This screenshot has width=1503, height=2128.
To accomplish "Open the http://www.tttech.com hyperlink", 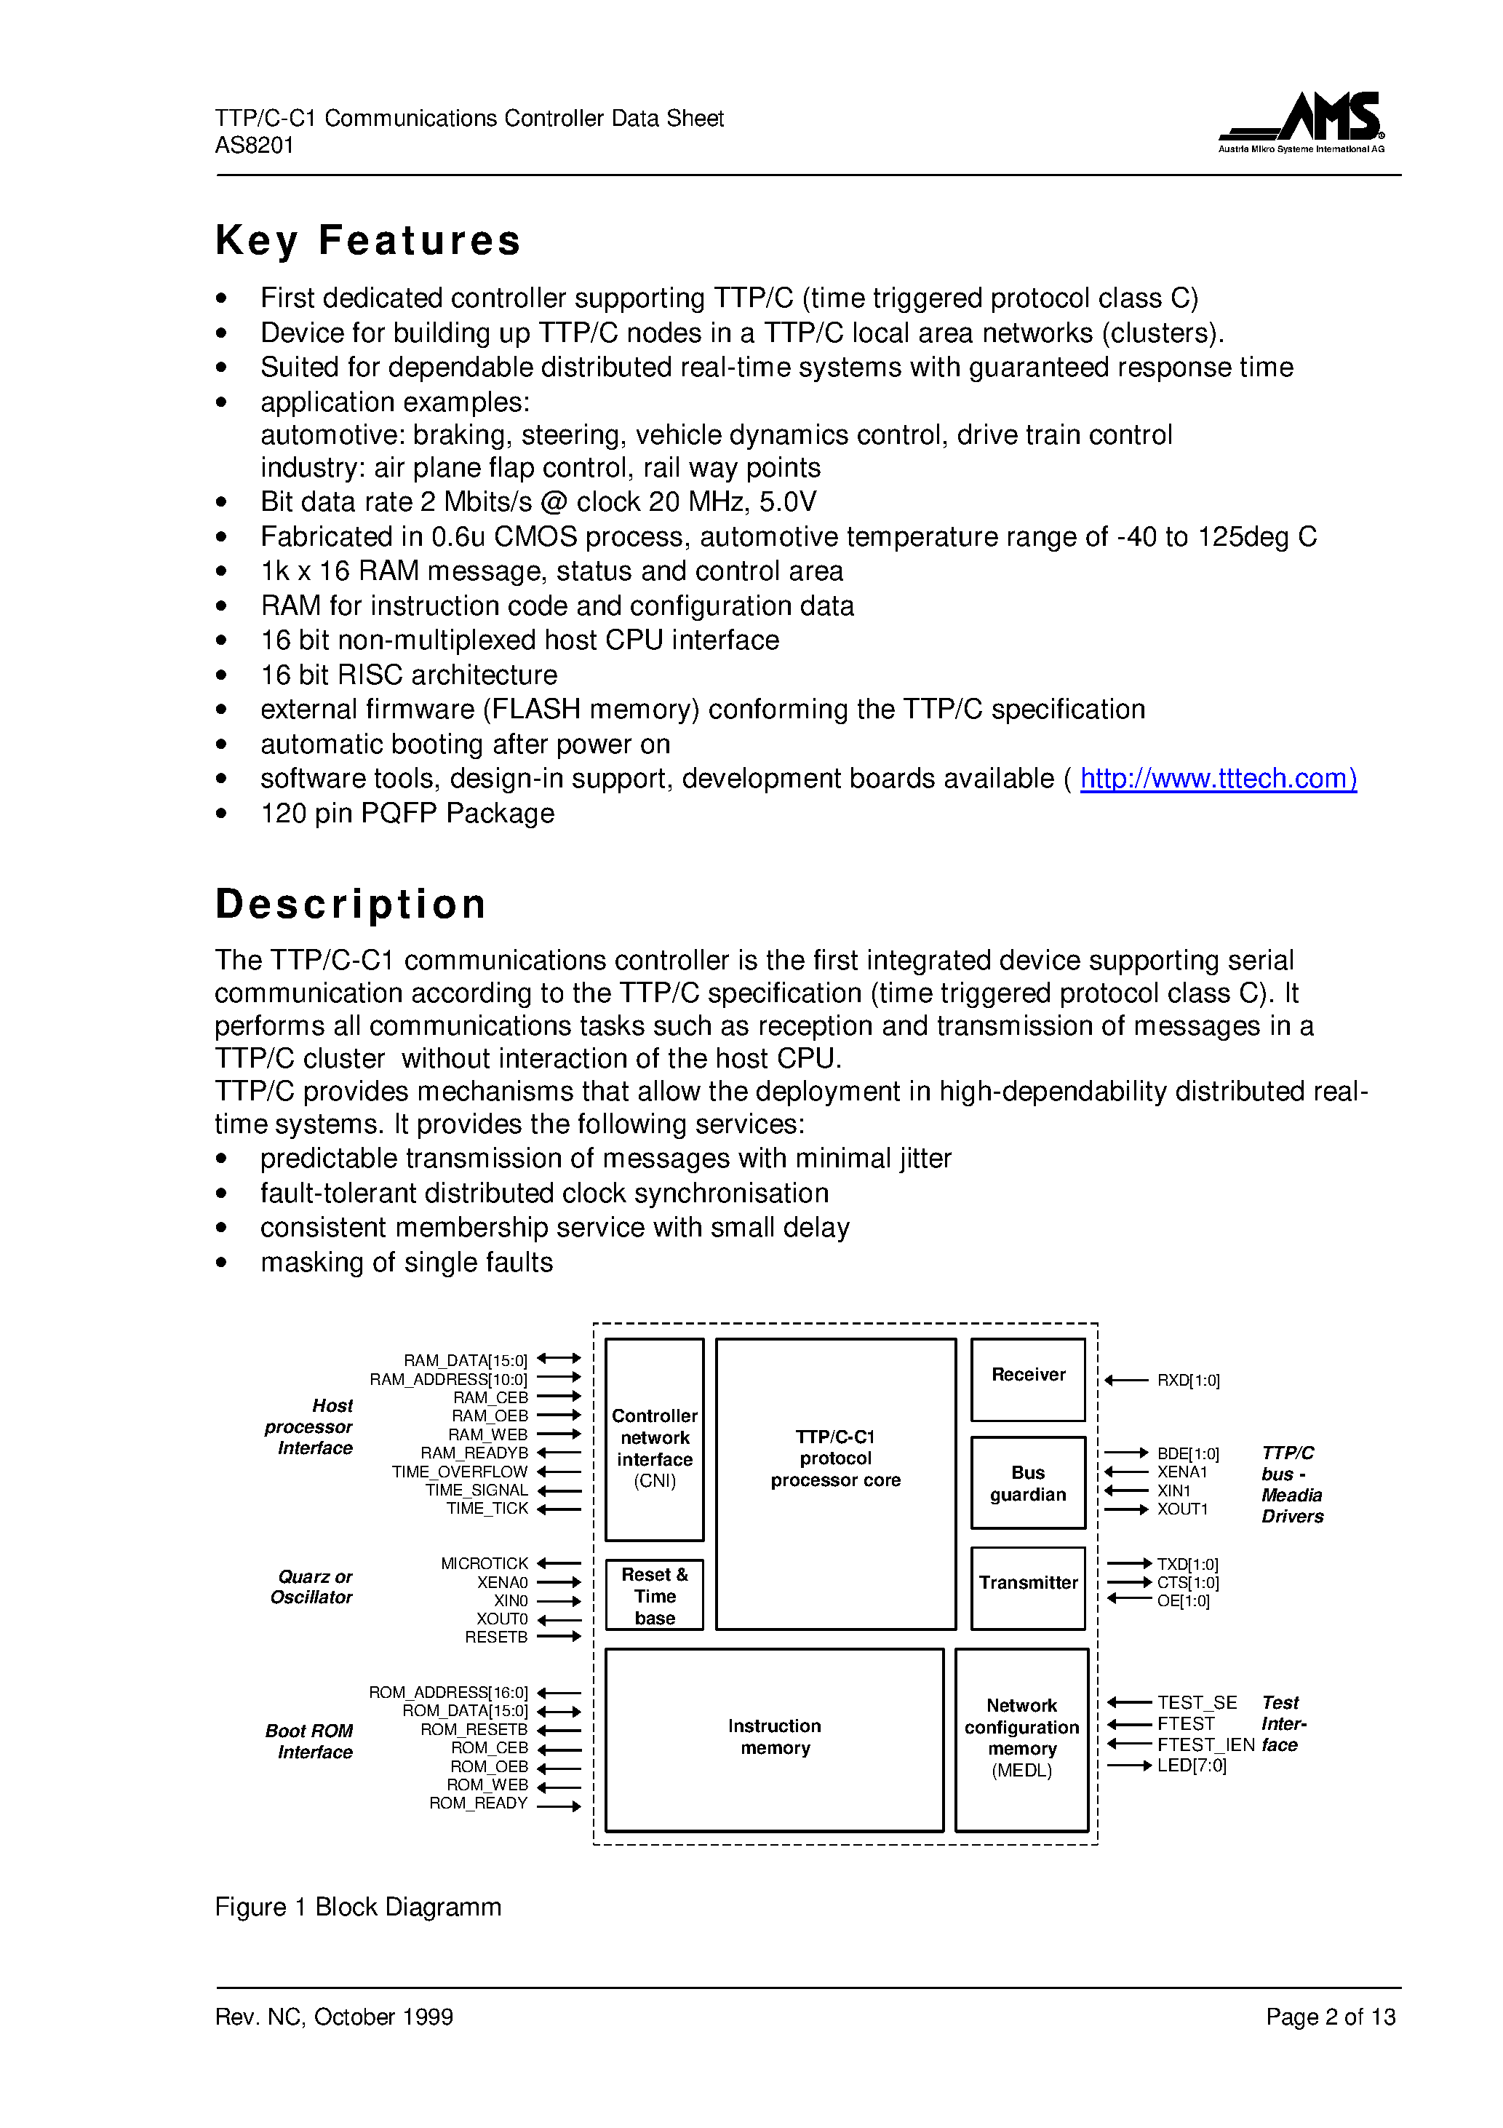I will tap(1218, 779).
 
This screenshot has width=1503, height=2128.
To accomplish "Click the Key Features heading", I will tap(368, 240).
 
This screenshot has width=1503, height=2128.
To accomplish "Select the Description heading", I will tap(350, 904).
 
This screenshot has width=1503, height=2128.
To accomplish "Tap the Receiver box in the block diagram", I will tap(1028, 1379).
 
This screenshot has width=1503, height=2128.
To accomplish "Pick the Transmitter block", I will tap(1028, 1588).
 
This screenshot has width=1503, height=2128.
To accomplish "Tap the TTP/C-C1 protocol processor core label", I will tap(835, 1458).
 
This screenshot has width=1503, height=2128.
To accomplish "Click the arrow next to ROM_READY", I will tap(558, 1806).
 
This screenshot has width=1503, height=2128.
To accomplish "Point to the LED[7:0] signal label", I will tap(1191, 1766).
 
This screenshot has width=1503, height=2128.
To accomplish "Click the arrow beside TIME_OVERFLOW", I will tap(558, 1471).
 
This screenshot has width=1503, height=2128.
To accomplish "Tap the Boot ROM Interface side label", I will tap(309, 1741).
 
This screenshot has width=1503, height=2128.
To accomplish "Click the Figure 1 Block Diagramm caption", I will tap(358, 1907).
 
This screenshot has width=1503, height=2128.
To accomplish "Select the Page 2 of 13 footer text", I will tap(1330, 2017).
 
